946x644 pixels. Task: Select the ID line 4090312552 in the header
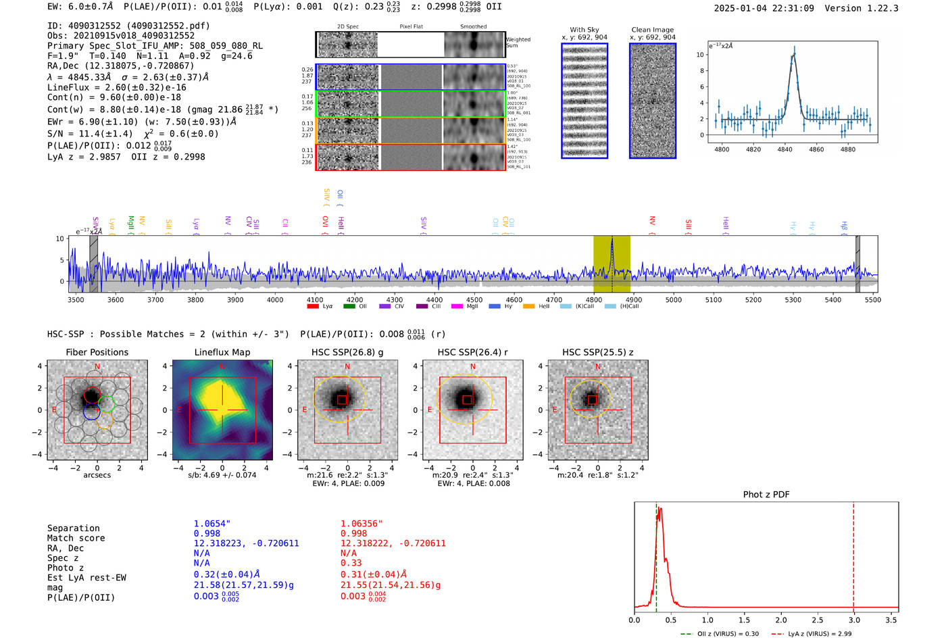[x=128, y=26]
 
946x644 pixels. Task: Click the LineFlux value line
[x=116, y=87]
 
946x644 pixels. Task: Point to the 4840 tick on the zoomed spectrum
[x=785, y=149]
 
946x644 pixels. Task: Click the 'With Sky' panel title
[x=584, y=30]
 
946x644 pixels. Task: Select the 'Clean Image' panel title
[x=652, y=30]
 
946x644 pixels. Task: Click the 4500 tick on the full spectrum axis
[x=474, y=299]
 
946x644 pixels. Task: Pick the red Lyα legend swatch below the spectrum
[x=313, y=306]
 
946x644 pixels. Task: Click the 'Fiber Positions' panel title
[x=97, y=352]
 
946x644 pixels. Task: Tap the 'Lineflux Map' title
[x=222, y=352]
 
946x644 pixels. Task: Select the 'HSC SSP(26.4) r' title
[x=472, y=352]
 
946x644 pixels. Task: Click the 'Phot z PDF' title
[x=766, y=494]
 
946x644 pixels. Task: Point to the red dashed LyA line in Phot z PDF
[x=853, y=554]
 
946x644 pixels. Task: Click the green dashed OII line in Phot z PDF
[x=655, y=554]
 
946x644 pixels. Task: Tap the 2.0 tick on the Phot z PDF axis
[x=780, y=620]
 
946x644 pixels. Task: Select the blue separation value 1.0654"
[x=211, y=524]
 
